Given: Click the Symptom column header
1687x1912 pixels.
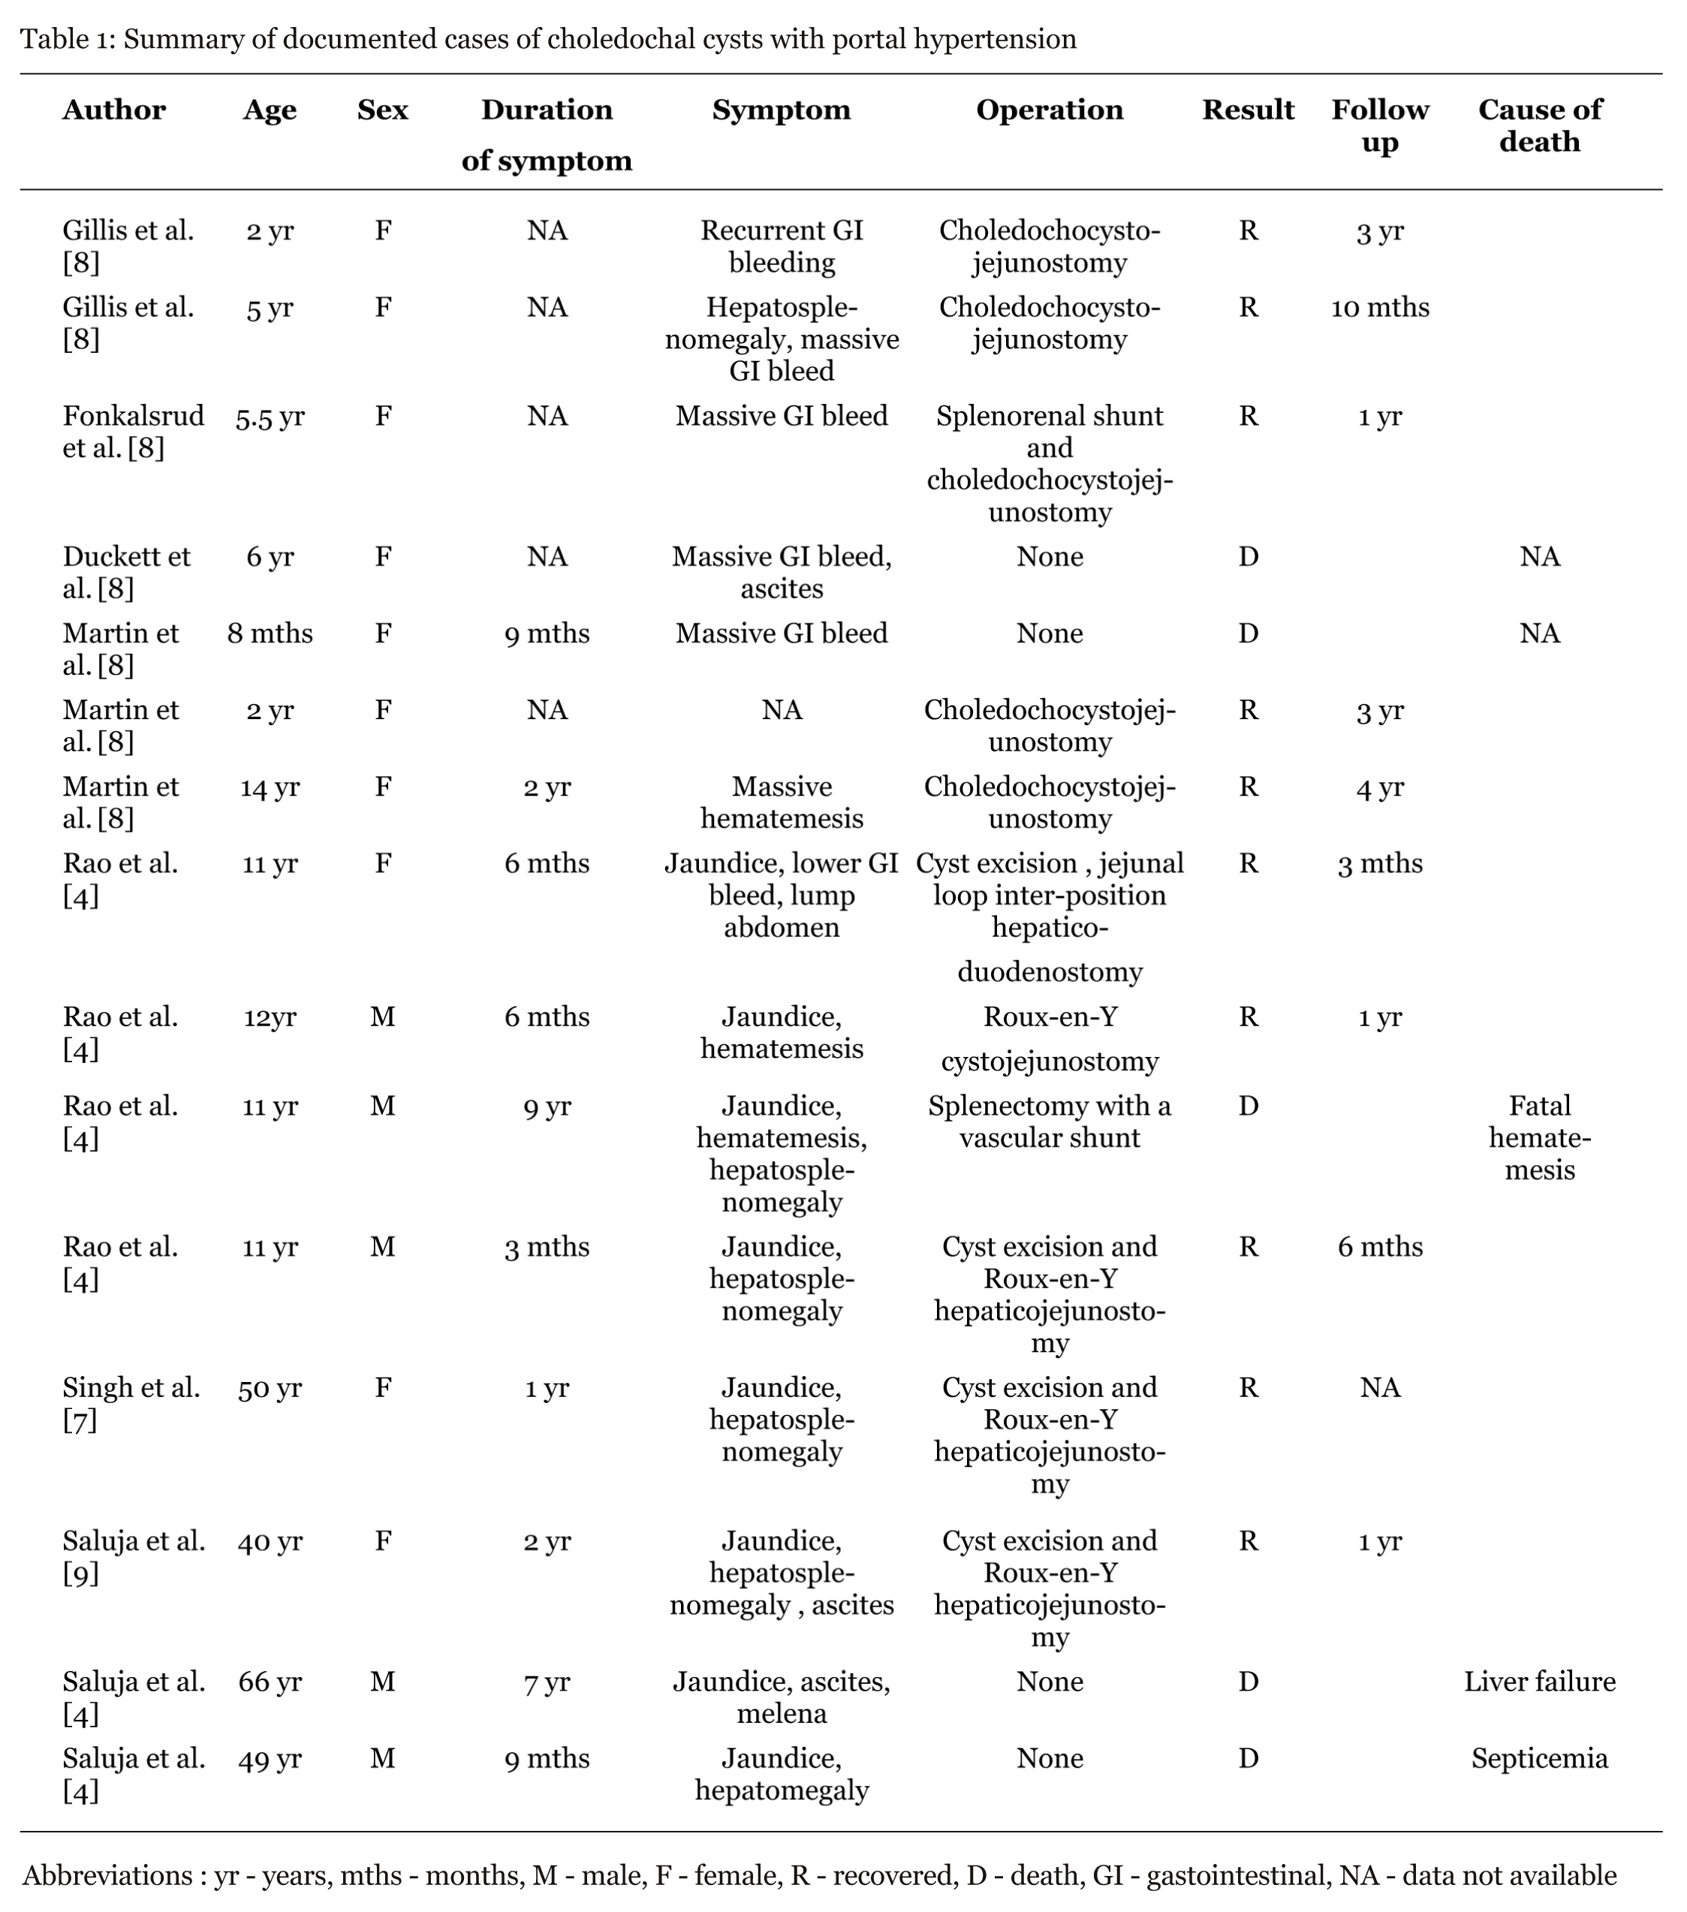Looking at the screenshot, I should (782, 110).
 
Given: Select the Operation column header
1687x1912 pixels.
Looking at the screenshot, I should (1049, 110).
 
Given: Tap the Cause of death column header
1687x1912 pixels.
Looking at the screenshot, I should (1539, 126).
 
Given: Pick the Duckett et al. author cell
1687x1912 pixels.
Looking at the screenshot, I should (126, 573).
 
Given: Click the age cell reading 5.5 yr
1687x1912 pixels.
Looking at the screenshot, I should (270, 417).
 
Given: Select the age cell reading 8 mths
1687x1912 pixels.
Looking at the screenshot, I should (270, 634).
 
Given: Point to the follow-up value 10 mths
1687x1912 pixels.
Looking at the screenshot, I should (1379, 308).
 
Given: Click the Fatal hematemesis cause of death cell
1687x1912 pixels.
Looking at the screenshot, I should (1539, 1137).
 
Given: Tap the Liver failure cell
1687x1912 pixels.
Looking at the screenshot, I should (1539, 1681).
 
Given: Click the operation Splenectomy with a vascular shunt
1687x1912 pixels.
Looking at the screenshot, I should (1049, 1122).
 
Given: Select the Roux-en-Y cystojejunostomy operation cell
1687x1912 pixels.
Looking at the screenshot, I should (1049, 1038).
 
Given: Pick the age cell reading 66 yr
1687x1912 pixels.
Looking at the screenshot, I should (270, 1681).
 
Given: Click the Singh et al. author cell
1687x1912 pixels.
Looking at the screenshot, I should (131, 1403).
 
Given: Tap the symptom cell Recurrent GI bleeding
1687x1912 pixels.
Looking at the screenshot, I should (782, 246).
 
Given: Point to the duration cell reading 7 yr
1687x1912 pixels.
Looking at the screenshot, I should (547, 1681).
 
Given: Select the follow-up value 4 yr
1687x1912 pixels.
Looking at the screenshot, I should (1379, 787).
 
